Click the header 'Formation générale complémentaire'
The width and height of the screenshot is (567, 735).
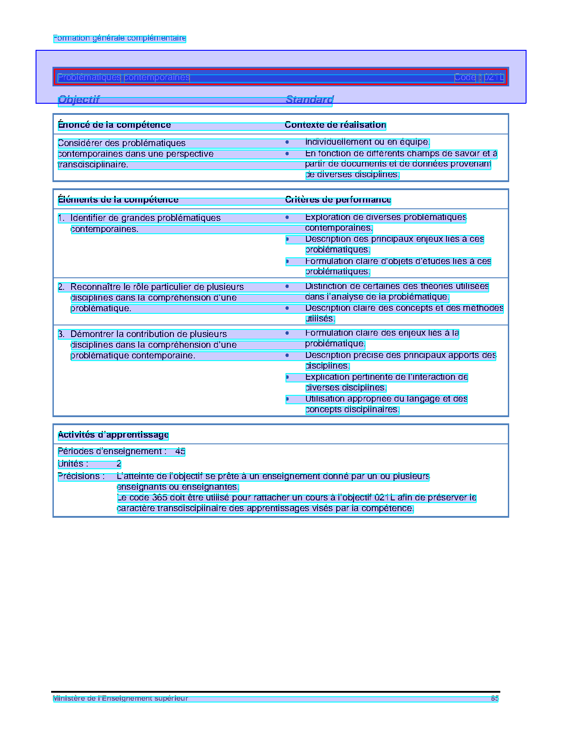119,38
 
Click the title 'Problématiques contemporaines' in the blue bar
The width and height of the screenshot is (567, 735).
124,77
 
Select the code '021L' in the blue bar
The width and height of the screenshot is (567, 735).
494,77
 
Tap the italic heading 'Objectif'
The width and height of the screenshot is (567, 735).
79,99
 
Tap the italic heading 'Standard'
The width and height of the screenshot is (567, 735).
309,99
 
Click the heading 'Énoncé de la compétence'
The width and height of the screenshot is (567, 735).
114,125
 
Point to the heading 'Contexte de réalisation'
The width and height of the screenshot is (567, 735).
335,125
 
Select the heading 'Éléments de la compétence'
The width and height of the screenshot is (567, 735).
118,200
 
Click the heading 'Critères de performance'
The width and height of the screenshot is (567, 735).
338,200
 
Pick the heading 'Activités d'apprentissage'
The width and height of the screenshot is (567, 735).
113,435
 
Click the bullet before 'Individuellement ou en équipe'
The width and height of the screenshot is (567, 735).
287,142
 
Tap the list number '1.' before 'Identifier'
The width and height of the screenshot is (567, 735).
61,218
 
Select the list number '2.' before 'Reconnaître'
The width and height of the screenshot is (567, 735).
61,287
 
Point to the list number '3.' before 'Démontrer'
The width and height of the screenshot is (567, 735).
61,334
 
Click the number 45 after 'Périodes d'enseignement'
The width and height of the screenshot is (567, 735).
180,451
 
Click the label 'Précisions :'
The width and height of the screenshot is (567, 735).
81,476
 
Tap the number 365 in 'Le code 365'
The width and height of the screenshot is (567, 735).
160,498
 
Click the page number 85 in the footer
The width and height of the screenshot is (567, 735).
495,698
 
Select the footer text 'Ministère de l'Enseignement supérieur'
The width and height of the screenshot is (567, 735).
120,698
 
